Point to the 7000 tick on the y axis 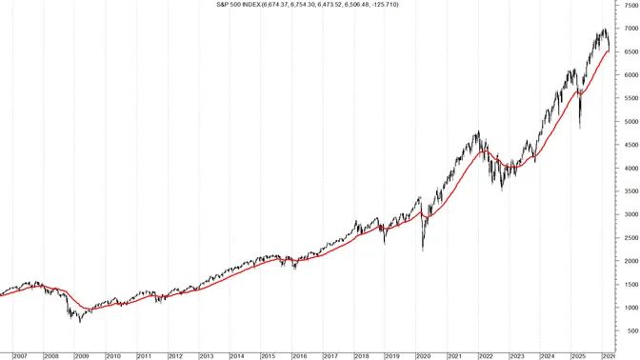click(630, 54)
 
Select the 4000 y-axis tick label click(630, 194)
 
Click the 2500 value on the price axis click(630, 264)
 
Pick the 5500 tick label click(630, 124)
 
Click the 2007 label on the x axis click(20, 355)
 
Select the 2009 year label click(82, 355)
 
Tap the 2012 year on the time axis click(174, 355)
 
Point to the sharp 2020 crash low click(423, 277)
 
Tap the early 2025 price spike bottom click(580, 155)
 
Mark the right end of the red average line click(610, 78)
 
